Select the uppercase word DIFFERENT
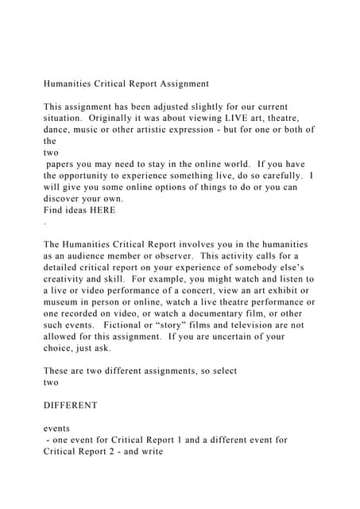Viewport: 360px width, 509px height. [71, 405]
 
